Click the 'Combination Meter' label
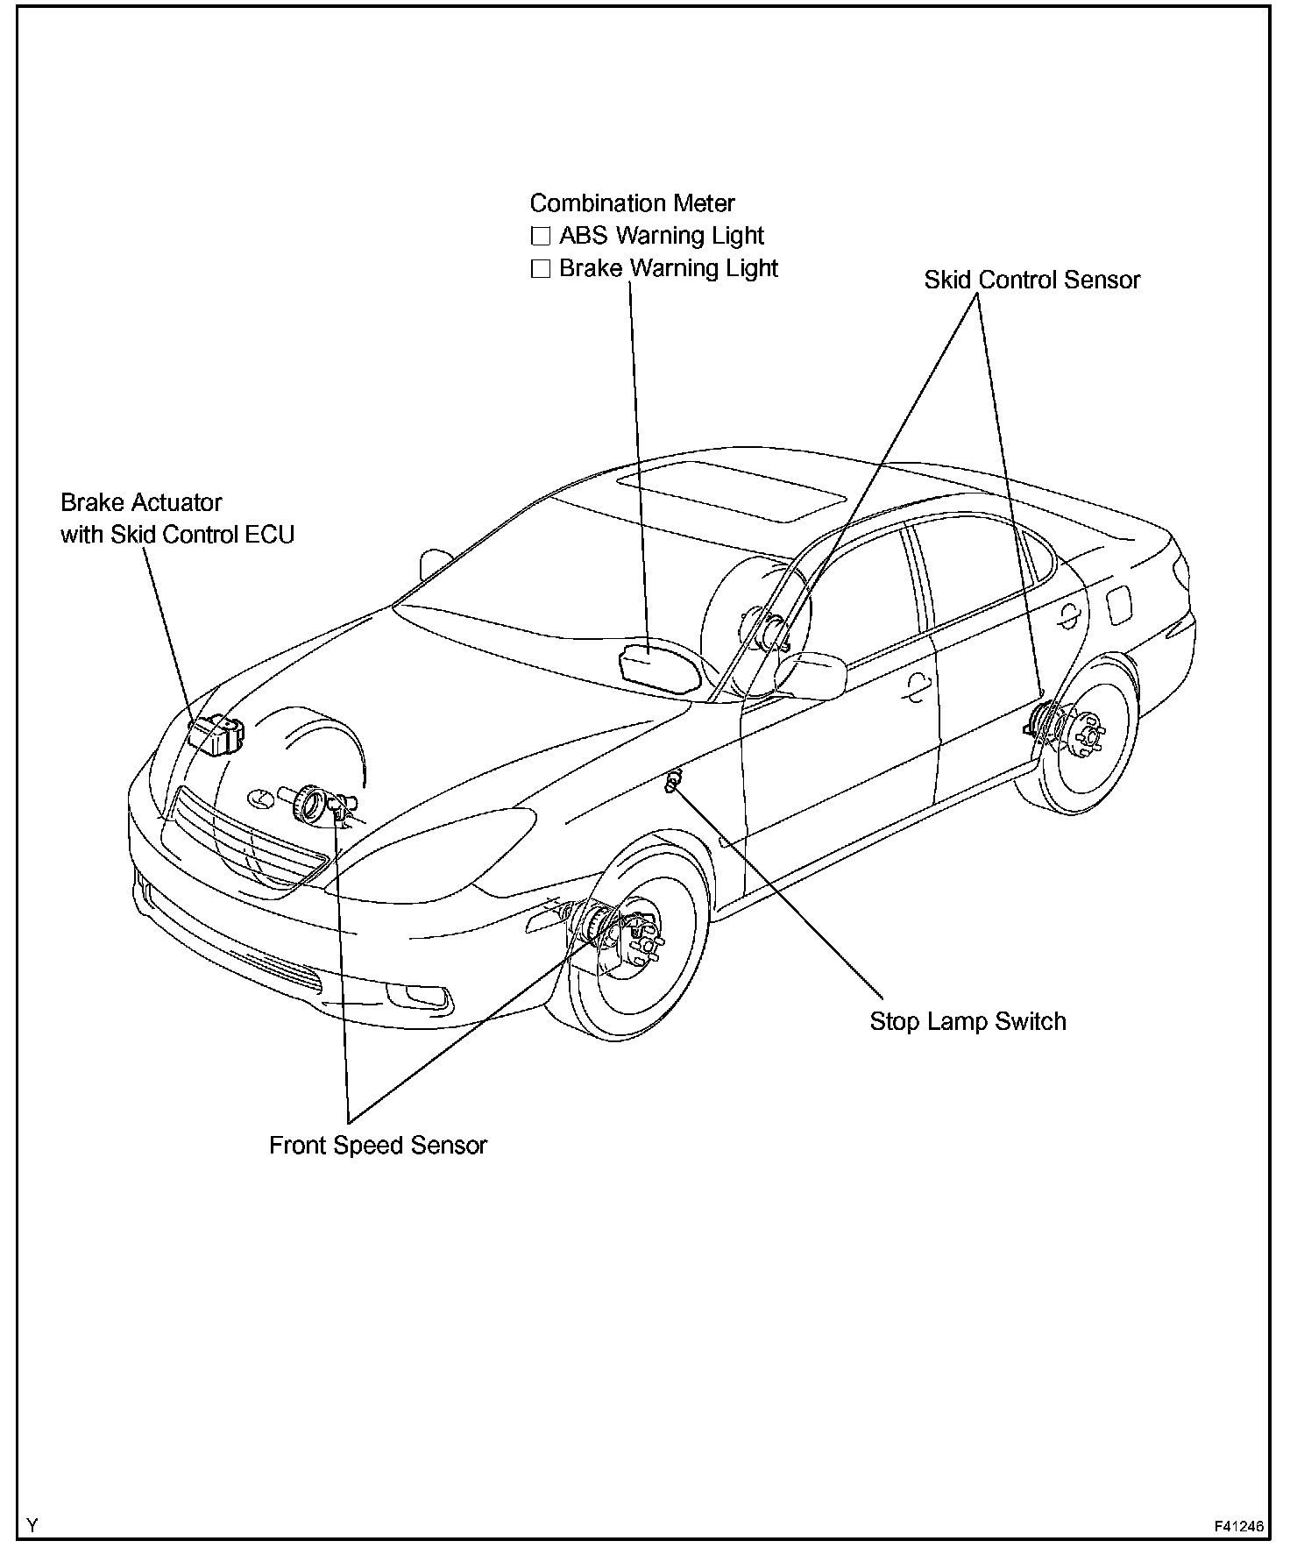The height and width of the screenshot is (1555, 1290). pos(632,203)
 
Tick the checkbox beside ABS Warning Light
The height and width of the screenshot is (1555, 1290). pos(541,236)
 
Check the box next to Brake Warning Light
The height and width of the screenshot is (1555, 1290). pos(541,268)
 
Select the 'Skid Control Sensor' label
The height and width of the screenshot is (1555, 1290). pos(1031,280)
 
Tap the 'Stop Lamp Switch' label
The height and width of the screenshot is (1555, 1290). pos(967,1021)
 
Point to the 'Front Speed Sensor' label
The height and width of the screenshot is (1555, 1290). pos(378,1146)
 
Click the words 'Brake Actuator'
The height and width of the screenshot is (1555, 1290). pos(141,503)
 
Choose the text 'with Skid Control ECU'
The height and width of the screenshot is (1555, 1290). pos(177,535)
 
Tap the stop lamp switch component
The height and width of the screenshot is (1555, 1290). pos(673,781)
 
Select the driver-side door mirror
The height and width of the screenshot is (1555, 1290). pos(811,676)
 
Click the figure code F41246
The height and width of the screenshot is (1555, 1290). pos(1238,1526)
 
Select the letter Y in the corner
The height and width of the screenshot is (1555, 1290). pos(32,1526)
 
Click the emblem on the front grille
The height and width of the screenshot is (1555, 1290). pos(260,798)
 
